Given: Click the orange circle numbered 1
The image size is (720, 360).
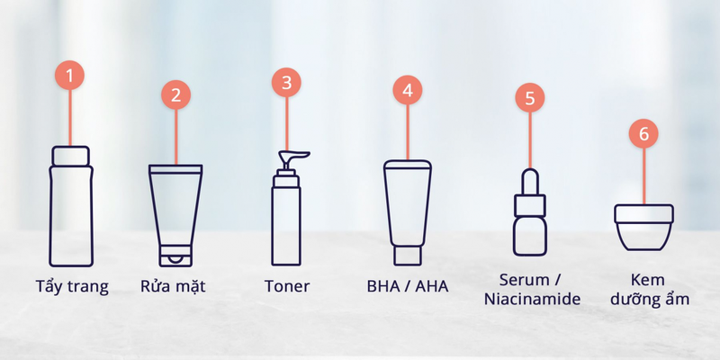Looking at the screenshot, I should (69, 75).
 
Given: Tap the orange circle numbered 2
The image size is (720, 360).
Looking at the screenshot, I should (176, 94).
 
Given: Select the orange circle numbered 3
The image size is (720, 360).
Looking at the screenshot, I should (286, 83).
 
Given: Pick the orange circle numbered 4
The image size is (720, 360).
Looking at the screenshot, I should (408, 90).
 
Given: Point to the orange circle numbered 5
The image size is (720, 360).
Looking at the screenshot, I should (529, 97).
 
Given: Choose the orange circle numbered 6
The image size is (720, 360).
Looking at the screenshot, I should (643, 134).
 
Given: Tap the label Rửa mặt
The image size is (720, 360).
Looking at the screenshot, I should (176, 287).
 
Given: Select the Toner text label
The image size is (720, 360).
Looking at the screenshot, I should (286, 287).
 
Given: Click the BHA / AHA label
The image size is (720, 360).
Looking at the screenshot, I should (408, 287).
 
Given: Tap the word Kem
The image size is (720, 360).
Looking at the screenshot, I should (643, 278).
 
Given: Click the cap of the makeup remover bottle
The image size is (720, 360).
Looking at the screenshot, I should (70, 156).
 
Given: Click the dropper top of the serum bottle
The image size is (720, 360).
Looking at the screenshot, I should (529, 183).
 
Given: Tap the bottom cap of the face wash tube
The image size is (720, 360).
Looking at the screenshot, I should (176, 256).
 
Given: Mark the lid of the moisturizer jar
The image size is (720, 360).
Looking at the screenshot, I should (643, 213).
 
